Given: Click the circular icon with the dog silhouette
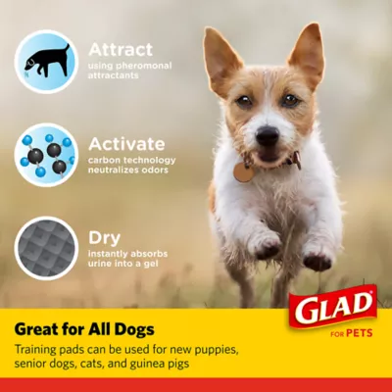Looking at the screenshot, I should coord(45,60).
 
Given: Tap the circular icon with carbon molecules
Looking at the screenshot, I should coord(45,154).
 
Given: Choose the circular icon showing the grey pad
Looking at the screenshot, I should coord(45,247).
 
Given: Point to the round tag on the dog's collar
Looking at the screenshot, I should coord(243,171).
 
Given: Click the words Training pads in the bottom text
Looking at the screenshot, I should coord(48,349).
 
